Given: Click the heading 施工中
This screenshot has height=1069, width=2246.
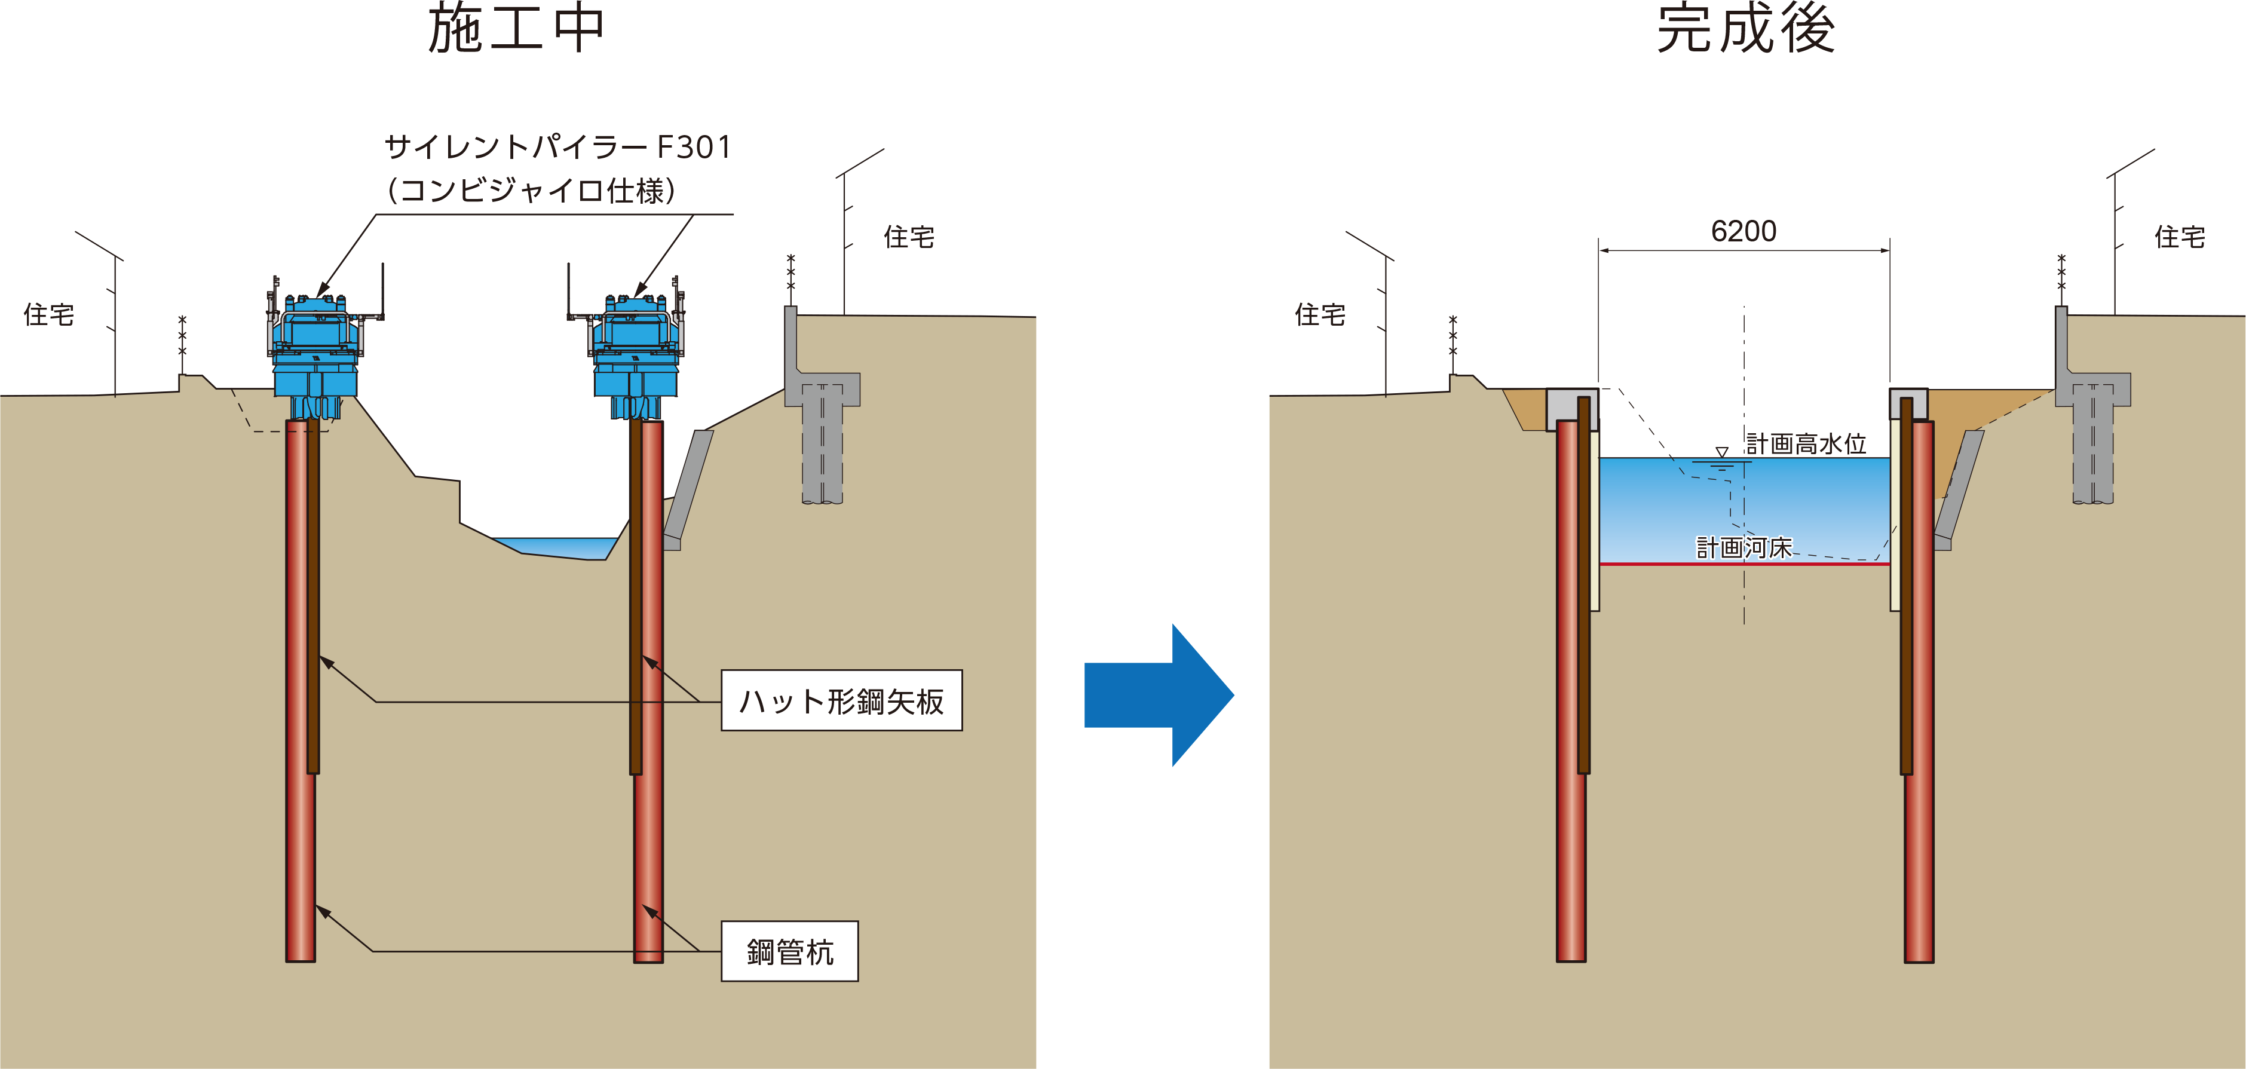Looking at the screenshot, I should point(516,30).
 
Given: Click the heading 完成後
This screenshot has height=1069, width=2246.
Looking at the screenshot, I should point(1745,30).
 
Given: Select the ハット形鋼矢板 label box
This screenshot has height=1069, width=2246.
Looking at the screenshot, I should point(841,700).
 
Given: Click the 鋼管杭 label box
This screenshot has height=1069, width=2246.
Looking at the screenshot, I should point(789,951).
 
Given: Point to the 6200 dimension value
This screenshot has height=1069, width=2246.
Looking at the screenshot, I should point(1743,231).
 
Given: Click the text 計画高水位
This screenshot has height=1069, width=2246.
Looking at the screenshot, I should point(1806,444).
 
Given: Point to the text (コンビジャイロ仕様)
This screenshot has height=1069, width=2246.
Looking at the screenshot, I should point(532,190).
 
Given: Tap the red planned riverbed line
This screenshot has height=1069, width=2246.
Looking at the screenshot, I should point(1744,564).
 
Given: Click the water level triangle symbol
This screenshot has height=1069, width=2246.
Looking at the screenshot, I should point(1721,452).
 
